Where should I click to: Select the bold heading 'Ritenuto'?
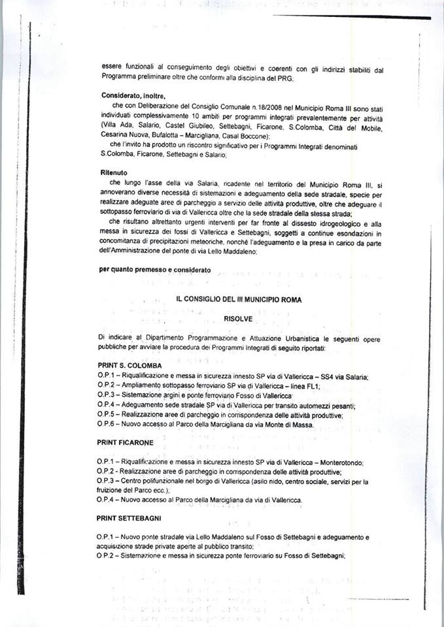(114, 172)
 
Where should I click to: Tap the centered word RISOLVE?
(237, 318)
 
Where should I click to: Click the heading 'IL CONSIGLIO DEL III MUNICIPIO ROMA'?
(238, 299)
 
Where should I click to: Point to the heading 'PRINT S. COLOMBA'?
(129, 365)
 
